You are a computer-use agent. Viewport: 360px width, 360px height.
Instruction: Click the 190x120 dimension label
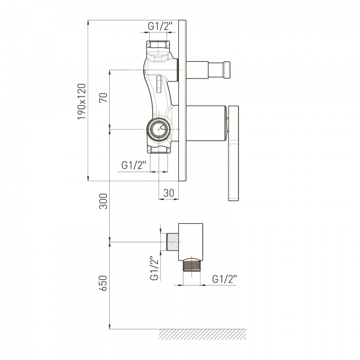tap(82, 101)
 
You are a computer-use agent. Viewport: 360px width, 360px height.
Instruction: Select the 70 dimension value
tap(103, 98)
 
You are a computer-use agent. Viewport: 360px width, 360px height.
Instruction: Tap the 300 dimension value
tap(103, 201)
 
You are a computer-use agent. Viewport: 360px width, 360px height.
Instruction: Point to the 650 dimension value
tap(103, 283)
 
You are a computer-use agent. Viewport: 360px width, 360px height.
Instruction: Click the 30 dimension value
tap(169, 193)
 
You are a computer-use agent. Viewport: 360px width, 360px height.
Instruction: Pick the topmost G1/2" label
tap(160, 26)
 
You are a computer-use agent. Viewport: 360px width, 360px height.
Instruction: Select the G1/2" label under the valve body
tap(134, 165)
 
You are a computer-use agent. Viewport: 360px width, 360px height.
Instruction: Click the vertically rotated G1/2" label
tap(155, 268)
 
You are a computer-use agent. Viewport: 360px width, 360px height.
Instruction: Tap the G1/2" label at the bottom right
tap(224, 279)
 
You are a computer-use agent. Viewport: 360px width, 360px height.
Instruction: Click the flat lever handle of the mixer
tap(233, 153)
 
